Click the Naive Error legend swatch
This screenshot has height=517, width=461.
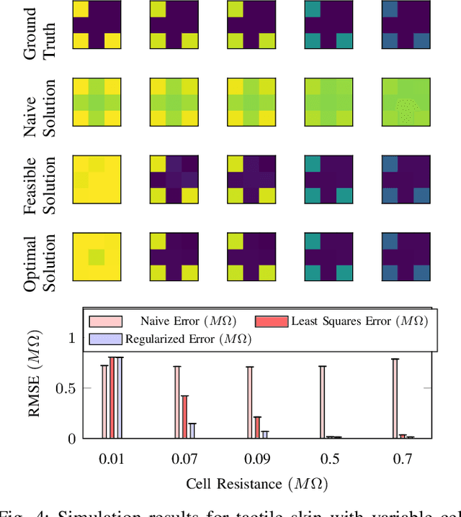pos(105,321)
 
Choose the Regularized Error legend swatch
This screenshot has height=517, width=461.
pos(105,338)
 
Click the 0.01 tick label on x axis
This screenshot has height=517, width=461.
pos(112,458)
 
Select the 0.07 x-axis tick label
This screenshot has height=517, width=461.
pos(184,458)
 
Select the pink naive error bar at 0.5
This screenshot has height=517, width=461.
pos(323,402)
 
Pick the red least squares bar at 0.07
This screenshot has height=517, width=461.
pos(184,417)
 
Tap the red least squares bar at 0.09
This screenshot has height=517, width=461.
pos(257,427)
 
